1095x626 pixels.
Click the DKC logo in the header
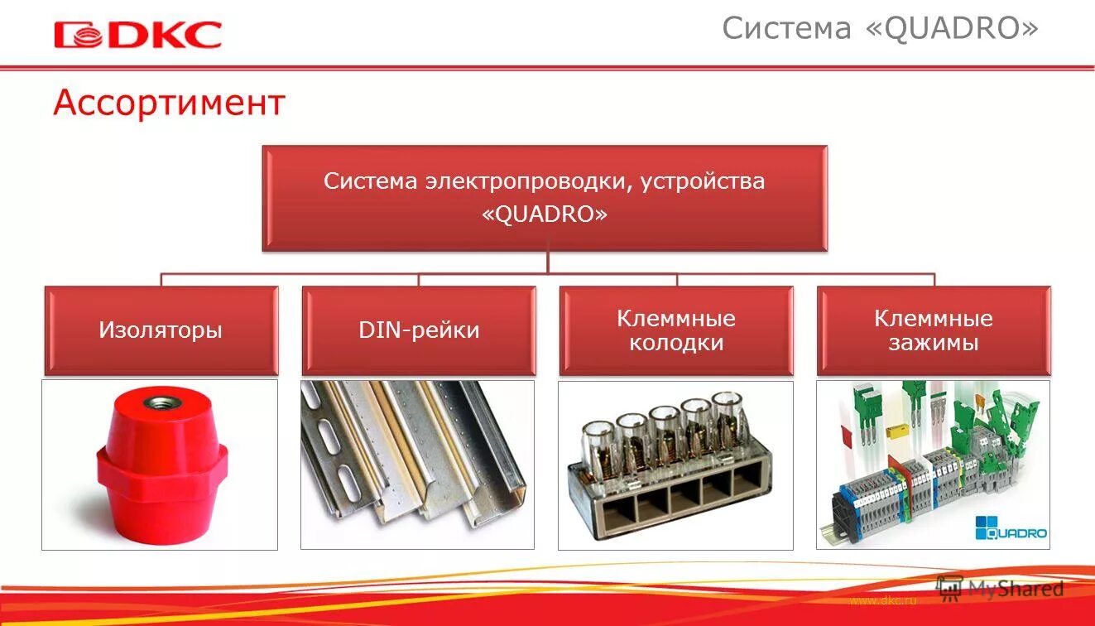click(x=137, y=35)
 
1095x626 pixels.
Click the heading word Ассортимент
click(x=169, y=104)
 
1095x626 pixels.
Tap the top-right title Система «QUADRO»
click(x=879, y=28)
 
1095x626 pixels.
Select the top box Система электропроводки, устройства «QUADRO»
click(x=545, y=198)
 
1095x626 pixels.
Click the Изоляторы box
click(x=161, y=330)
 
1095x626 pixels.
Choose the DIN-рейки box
click(x=419, y=330)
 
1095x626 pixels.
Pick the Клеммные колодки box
click(x=676, y=330)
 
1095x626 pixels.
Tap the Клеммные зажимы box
click(x=934, y=330)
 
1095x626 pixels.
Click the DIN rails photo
click(x=417, y=464)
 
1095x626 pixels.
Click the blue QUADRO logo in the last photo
click(x=1011, y=527)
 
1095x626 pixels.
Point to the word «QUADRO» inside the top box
click(x=545, y=214)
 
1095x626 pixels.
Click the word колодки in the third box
click(x=676, y=343)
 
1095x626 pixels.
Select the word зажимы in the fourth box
click(x=934, y=343)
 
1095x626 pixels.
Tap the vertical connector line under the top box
click(x=548, y=262)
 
